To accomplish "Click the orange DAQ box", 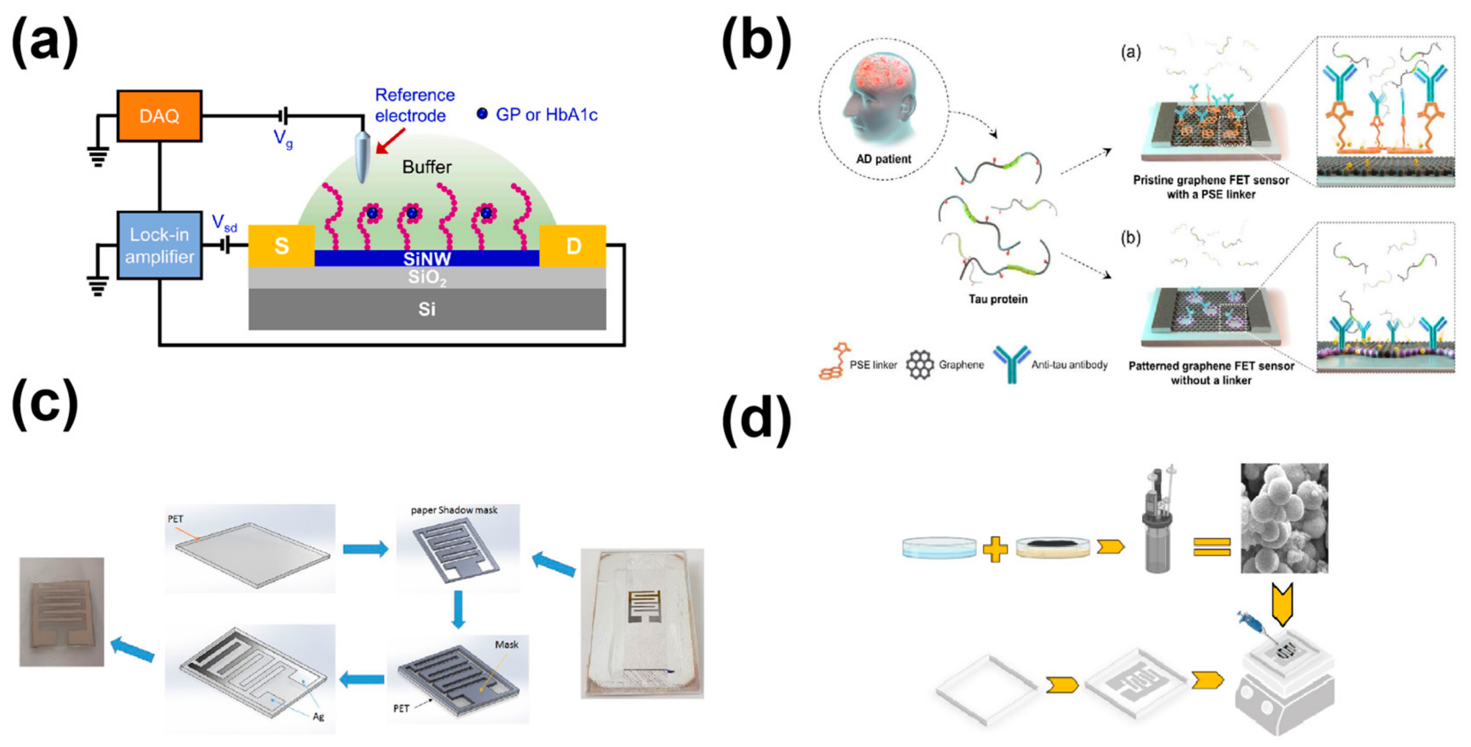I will (x=159, y=116).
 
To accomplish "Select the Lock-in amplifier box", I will (x=159, y=245).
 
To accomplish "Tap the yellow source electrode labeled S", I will (x=282, y=246).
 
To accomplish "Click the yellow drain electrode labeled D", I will (x=573, y=246).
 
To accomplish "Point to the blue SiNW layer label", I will (x=427, y=259).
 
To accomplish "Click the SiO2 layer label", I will (x=427, y=278).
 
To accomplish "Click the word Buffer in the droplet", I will (x=427, y=167).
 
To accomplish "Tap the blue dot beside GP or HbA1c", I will (x=482, y=114).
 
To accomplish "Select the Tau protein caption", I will (x=998, y=299).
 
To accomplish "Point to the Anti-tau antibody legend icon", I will (x=1011, y=363).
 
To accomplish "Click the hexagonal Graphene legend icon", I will (x=919, y=364).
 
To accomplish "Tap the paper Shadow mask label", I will (x=454, y=510).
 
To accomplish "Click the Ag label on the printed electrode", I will (x=318, y=717).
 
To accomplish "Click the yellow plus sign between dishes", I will (x=995, y=549).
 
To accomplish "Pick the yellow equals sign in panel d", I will (x=1211, y=547).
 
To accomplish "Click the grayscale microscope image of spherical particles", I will (x=1284, y=518).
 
